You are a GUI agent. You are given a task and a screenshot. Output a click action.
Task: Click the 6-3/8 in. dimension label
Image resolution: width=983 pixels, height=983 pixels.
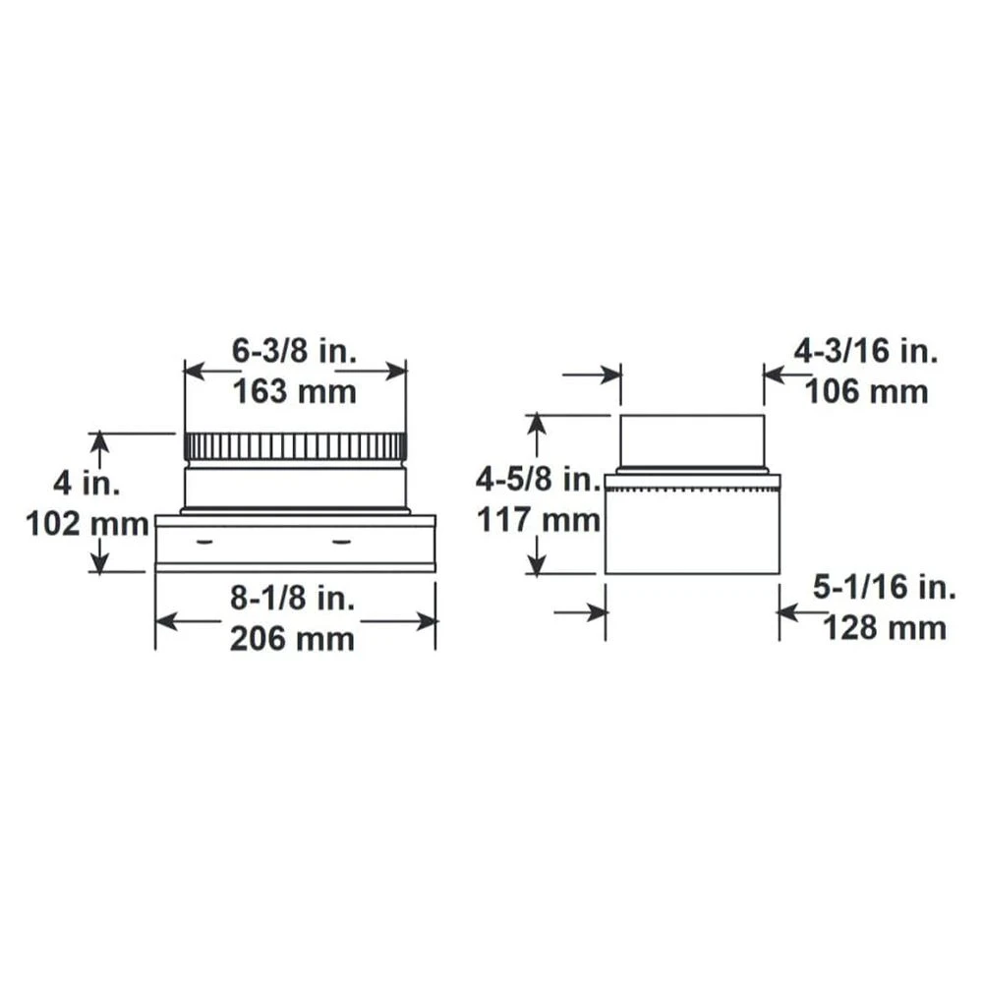[x=294, y=350]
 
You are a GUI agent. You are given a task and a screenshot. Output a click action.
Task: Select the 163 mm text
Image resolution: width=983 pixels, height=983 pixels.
[x=294, y=392]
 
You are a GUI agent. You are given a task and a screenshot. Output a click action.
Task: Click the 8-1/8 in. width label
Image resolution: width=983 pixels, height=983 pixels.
[x=294, y=598]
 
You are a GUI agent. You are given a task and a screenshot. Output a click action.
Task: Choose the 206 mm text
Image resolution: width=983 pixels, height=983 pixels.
[x=292, y=639]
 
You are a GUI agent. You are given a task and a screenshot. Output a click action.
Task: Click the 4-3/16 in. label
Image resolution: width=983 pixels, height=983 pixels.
[x=866, y=350]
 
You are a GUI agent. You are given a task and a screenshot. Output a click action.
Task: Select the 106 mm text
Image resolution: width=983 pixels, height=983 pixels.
[x=866, y=392]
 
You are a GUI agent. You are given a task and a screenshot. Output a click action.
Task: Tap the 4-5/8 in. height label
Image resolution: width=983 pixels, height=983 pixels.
[x=538, y=480]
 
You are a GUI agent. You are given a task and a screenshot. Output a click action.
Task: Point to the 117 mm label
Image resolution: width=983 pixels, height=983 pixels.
[x=538, y=520]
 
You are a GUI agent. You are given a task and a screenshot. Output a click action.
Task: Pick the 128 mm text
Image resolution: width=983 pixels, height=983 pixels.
[x=884, y=628]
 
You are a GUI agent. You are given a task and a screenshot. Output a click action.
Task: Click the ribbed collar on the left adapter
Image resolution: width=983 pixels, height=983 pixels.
[x=294, y=446]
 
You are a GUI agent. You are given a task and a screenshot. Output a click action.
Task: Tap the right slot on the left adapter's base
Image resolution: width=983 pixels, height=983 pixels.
[x=341, y=540]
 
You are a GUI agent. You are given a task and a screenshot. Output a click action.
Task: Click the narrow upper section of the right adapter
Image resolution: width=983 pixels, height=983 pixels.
[x=691, y=441]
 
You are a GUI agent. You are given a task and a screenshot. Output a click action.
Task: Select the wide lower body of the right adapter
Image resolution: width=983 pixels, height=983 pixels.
[x=691, y=531]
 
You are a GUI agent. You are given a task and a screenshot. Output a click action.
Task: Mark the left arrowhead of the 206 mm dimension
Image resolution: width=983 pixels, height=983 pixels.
[x=164, y=620]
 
